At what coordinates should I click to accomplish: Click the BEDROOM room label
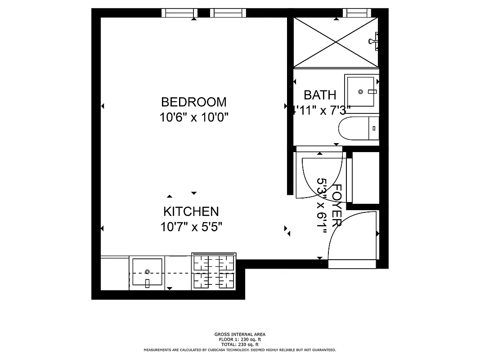[x=194, y=102]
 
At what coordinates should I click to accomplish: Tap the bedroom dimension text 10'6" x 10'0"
[x=194, y=117]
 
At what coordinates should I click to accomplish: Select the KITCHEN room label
[x=191, y=211]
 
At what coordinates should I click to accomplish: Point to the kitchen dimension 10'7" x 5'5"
[x=191, y=227]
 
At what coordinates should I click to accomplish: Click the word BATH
[x=320, y=95]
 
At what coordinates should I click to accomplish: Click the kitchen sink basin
[x=147, y=272]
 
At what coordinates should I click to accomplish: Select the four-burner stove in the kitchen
[x=214, y=272]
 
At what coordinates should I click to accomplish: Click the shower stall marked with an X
[x=336, y=42]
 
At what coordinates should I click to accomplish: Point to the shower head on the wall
[x=373, y=41]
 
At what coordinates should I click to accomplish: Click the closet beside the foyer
[x=365, y=178]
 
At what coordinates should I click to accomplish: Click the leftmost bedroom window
[x=179, y=13]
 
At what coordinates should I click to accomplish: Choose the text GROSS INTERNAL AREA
[x=240, y=334]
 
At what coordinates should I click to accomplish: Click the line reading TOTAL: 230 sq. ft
[x=240, y=344]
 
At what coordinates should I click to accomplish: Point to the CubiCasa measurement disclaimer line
[x=240, y=350]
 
